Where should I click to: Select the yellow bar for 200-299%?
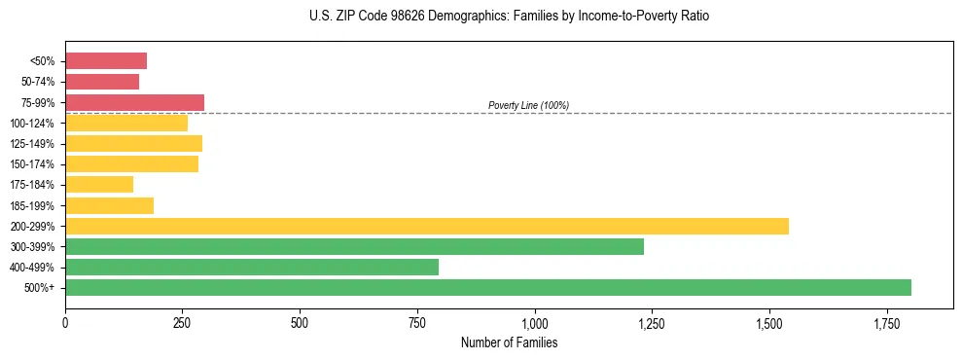click(x=427, y=226)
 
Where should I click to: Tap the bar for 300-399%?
click(x=354, y=246)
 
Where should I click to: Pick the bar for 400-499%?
click(x=252, y=267)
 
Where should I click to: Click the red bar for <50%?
click(x=106, y=61)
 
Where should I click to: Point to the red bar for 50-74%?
click(x=102, y=82)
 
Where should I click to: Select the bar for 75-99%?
click(x=134, y=102)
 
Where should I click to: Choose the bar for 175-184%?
click(x=99, y=184)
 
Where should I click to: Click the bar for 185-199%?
click(x=109, y=205)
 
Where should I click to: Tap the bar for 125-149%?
click(x=133, y=143)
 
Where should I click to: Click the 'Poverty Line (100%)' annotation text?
click(x=528, y=105)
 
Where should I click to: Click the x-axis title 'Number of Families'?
click(x=509, y=342)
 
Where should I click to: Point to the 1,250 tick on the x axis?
click(x=652, y=322)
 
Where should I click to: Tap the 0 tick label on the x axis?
click(x=65, y=322)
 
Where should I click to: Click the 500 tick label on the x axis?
click(x=300, y=322)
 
